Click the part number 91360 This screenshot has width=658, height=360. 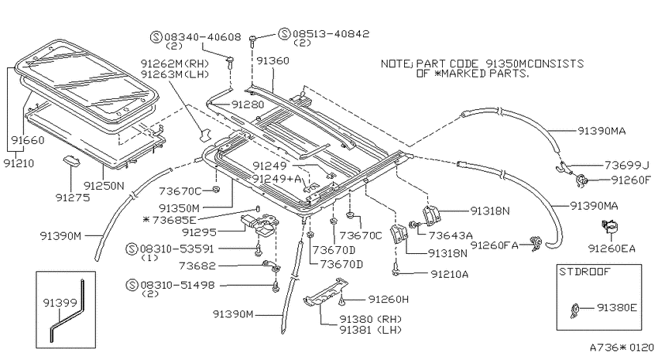pyautogui.click(x=272, y=61)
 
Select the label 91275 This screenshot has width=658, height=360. pyautogui.click(x=73, y=197)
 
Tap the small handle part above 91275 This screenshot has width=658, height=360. pyautogui.click(x=70, y=162)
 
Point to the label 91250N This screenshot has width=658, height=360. pyautogui.click(x=104, y=186)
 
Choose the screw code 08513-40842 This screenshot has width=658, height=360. pyautogui.click(x=331, y=33)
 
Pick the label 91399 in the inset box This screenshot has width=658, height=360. pyautogui.click(x=60, y=303)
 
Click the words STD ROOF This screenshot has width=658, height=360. pyautogui.click(x=585, y=272)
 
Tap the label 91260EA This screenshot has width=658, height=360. pyautogui.click(x=612, y=249)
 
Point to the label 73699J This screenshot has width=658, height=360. pyautogui.click(x=626, y=166)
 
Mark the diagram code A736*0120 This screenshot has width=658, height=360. pyautogui.click(x=622, y=348)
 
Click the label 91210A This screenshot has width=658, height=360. pyautogui.click(x=450, y=274)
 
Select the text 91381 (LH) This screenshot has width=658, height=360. pyautogui.click(x=371, y=331)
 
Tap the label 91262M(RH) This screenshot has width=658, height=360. pyautogui.click(x=175, y=63)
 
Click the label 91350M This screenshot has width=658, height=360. pyautogui.click(x=179, y=207)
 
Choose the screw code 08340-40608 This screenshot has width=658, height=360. pyautogui.click(x=203, y=37)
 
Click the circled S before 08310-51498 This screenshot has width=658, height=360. pyautogui.click(x=132, y=286)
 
